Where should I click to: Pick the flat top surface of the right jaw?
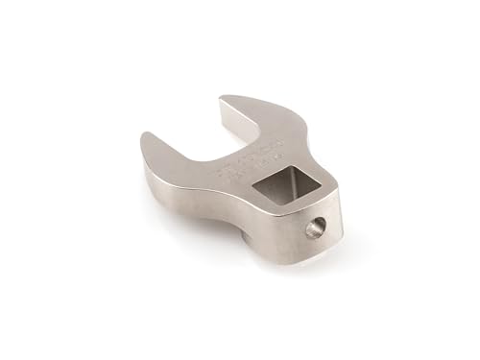coord(259,115)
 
